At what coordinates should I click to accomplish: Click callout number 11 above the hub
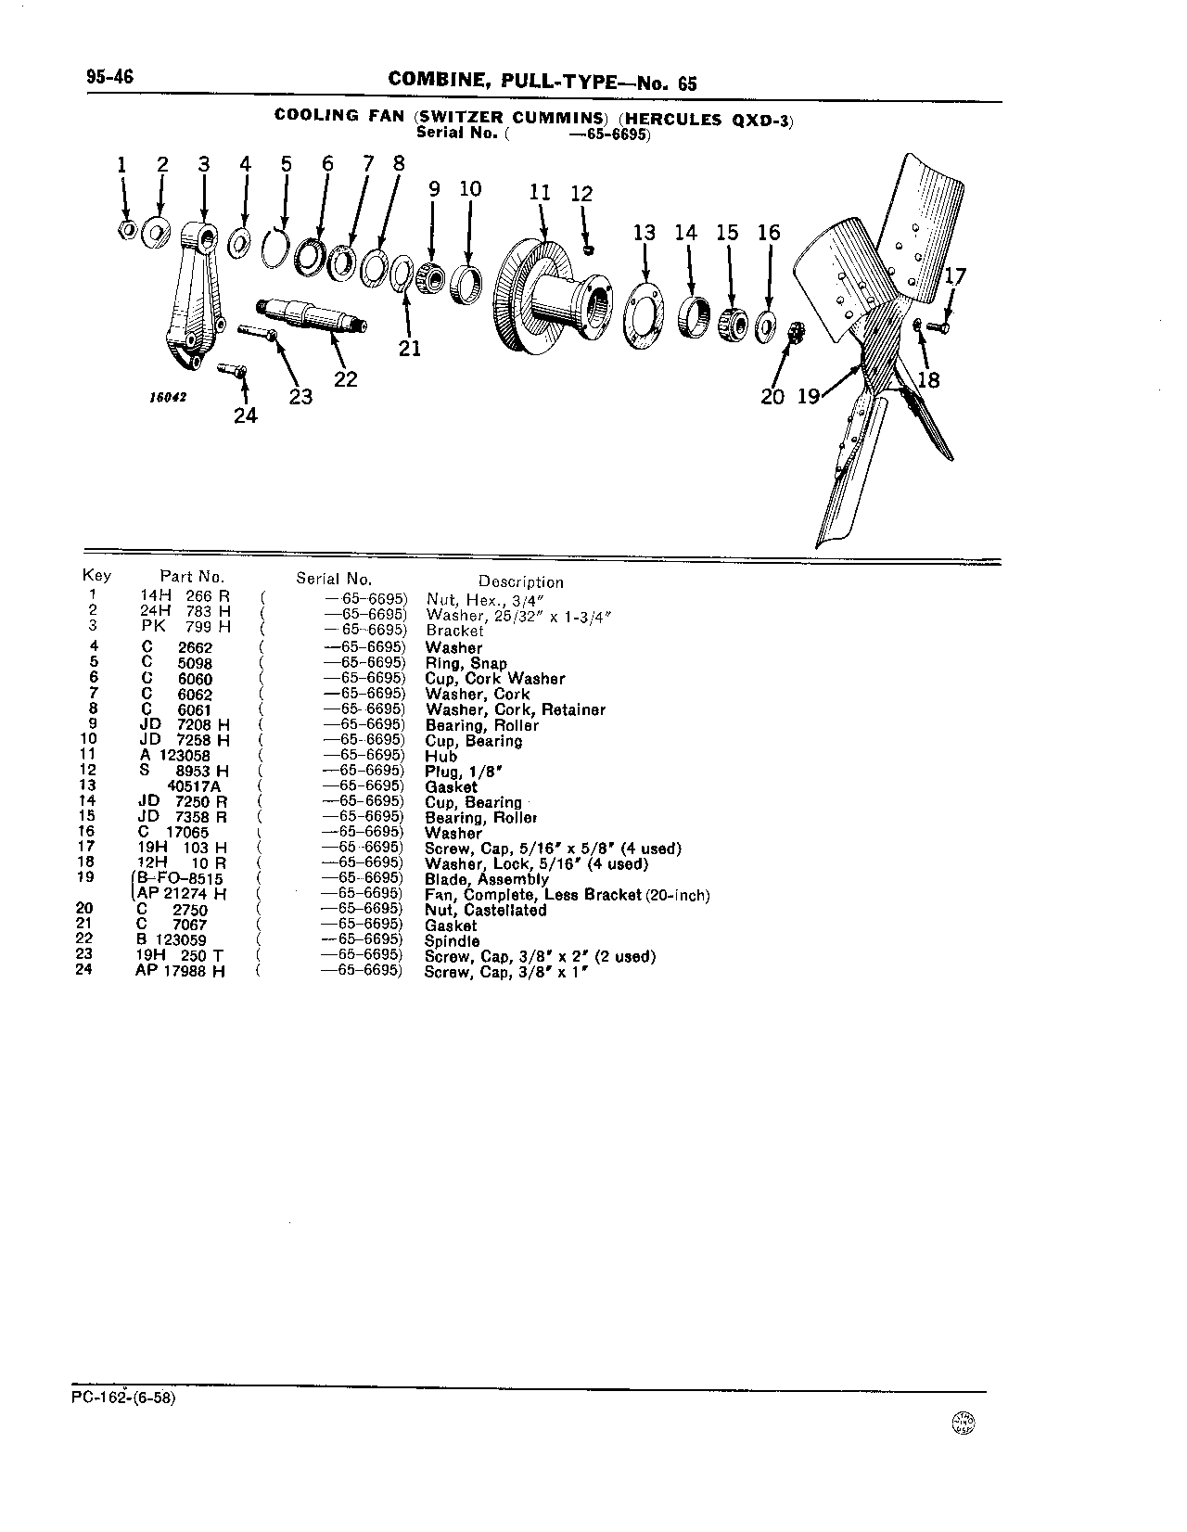[539, 193]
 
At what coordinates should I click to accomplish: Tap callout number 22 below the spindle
[345, 380]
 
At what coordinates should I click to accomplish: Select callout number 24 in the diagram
[246, 416]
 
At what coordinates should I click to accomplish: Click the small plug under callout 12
[590, 249]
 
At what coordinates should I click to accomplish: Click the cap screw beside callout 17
[938, 327]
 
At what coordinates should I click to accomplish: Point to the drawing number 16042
[168, 398]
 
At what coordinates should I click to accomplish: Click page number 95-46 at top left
[110, 76]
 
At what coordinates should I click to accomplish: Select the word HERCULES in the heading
[672, 119]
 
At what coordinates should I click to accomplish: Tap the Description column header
[521, 581]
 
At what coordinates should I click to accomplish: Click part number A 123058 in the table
[175, 756]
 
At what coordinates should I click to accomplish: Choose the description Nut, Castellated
[485, 910]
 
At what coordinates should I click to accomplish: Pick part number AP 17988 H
[181, 972]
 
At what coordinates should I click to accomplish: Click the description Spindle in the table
[452, 941]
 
